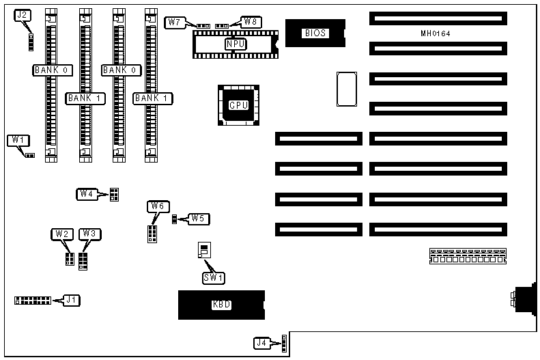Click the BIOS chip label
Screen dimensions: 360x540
(x=316, y=33)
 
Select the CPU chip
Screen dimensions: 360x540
(x=238, y=105)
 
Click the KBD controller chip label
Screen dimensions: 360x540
(x=222, y=305)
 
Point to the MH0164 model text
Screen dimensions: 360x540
(x=436, y=33)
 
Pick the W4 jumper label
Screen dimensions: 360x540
(x=86, y=194)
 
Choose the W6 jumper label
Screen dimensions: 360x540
(x=157, y=206)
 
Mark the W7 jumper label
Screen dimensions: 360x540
(x=175, y=22)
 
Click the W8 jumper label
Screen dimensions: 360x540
(x=250, y=21)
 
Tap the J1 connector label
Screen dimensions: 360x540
(x=70, y=299)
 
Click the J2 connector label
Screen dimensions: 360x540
(x=23, y=15)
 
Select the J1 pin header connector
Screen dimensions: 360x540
(x=32, y=301)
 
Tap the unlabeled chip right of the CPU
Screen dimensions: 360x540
(x=346, y=89)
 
